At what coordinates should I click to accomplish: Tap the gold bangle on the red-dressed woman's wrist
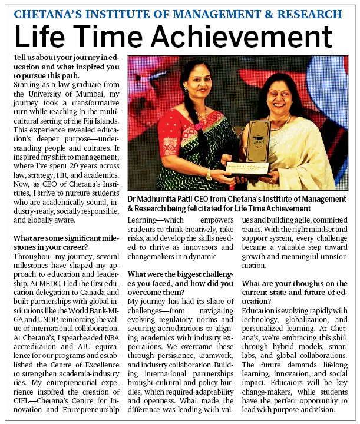[209, 175]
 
